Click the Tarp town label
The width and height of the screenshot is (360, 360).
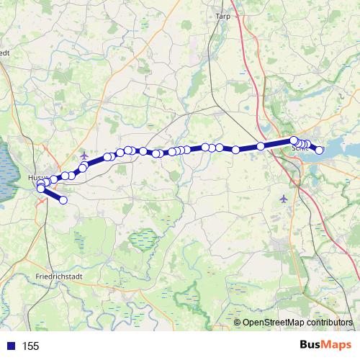pos(222,14)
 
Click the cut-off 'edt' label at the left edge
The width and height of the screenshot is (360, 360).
pos(4,52)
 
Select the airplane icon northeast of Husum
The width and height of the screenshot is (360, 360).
pos(85,156)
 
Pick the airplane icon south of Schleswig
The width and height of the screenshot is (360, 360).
pos(283,198)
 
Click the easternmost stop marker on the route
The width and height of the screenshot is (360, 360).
pos(320,150)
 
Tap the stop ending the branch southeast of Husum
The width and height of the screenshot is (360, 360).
pos(63,200)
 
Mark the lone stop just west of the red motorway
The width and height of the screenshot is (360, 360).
pos(261,146)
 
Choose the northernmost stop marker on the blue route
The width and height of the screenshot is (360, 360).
pos(294,140)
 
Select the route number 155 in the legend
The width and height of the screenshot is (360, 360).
pos(30,346)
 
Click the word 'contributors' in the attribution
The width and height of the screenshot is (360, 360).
pos(330,323)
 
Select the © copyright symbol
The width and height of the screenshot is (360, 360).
pos(238,323)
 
